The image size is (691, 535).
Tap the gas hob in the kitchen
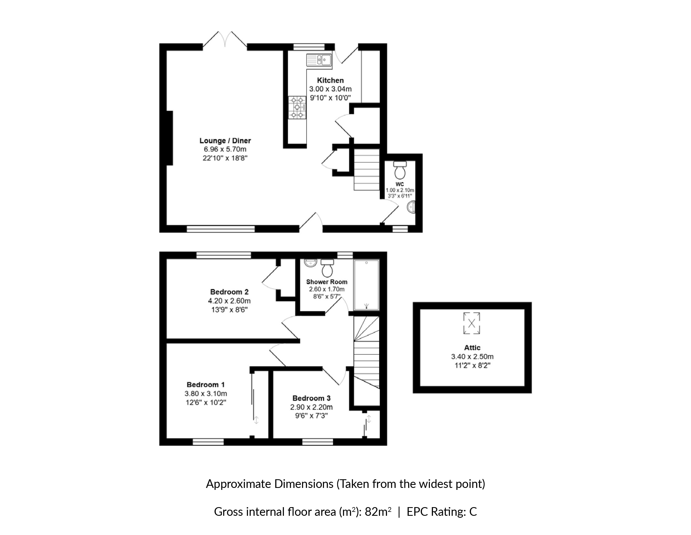tap(297, 108)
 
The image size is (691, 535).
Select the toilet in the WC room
tap(400, 170)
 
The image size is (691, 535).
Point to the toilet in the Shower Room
tap(327, 268)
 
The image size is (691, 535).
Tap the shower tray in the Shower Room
tap(366, 285)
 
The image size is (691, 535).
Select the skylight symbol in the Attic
tap(471, 323)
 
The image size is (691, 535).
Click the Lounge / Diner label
tap(225, 140)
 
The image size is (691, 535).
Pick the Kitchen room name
tap(330, 80)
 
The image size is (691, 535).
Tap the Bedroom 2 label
tap(229, 292)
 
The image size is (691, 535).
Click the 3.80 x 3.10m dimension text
tap(206, 393)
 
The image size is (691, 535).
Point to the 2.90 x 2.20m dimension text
tap(312, 407)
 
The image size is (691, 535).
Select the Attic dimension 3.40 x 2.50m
tap(472, 357)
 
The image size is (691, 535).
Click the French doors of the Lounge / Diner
tap(225, 40)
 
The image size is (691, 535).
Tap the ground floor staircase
tap(366, 170)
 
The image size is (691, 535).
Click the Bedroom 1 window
tap(208, 442)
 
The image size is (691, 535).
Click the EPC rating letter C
tap(473, 512)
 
